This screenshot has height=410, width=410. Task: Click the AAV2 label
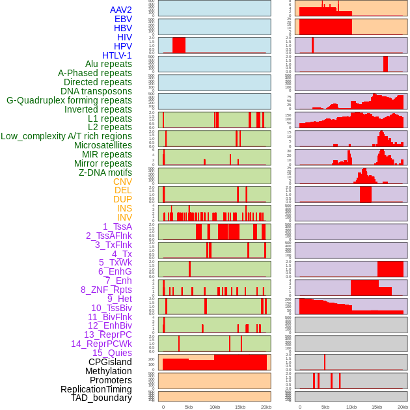(x=121, y=10)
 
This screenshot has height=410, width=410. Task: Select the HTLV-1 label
(x=117, y=55)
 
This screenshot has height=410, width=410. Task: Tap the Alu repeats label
(x=109, y=64)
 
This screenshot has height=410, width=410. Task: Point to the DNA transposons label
(x=96, y=91)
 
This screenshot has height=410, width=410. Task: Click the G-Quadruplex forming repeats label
(x=69, y=100)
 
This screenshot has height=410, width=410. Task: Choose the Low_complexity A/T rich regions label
(x=66, y=136)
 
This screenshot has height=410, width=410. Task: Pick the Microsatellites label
(x=103, y=145)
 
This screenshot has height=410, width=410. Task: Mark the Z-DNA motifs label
(x=105, y=172)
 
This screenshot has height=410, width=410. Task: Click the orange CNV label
(x=122, y=182)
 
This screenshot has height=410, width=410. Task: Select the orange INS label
(x=124, y=208)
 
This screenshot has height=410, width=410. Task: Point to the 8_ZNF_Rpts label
(x=106, y=290)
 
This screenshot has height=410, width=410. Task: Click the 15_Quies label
(x=112, y=353)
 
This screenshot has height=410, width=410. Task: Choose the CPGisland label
(x=110, y=362)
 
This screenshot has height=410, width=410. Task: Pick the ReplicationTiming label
(x=96, y=389)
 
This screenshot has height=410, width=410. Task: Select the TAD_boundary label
(x=102, y=398)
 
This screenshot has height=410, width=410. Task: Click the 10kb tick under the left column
(x=215, y=407)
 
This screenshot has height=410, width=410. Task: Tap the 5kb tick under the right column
(x=325, y=407)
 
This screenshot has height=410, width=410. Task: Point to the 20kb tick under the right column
(x=403, y=407)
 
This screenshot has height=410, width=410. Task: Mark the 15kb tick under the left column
(x=240, y=407)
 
